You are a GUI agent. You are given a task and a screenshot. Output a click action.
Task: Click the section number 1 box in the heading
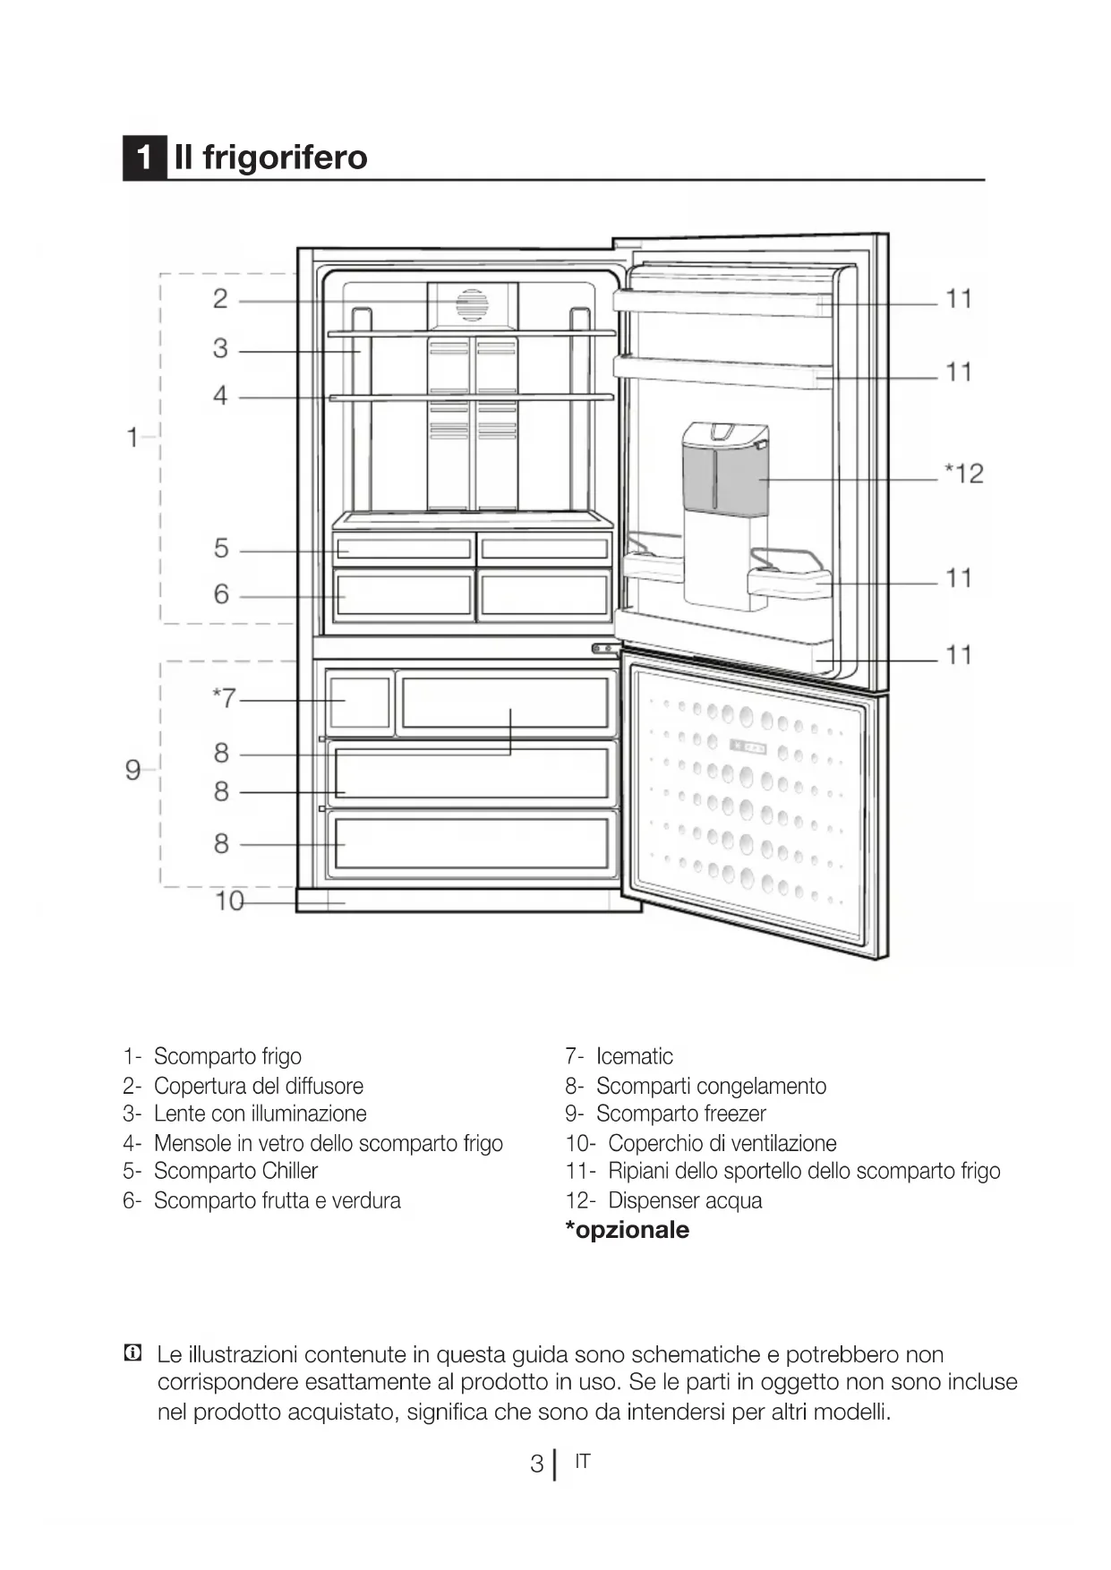pyautogui.click(x=144, y=158)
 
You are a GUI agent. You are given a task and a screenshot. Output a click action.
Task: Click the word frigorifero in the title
pyautogui.click(x=285, y=158)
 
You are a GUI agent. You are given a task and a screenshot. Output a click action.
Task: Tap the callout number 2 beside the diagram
pyautogui.click(x=220, y=299)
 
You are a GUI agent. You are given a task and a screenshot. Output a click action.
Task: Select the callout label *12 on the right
pyautogui.click(x=964, y=474)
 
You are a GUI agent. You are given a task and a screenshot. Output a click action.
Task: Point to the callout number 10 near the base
pyautogui.click(x=230, y=900)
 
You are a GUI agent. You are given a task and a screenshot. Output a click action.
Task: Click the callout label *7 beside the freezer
pyautogui.click(x=224, y=697)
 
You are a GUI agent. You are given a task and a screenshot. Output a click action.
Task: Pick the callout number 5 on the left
pyautogui.click(x=221, y=548)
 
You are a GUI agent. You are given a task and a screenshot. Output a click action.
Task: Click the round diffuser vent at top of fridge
pyautogui.click(x=472, y=305)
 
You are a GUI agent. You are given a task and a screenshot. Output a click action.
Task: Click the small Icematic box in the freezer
pyautogui.click(x=360, y=701)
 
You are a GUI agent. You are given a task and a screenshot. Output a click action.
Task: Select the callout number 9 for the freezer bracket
pyautogui.click(x=133, y=770)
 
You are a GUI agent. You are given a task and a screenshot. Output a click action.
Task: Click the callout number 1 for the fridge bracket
pyautogui.click(x=132, y=438)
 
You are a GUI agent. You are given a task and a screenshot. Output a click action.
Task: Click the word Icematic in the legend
pyautogui.click(x=634, y=1056)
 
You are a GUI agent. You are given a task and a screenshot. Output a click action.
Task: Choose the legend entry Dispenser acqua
pyautogui.click(x=685, y=1200)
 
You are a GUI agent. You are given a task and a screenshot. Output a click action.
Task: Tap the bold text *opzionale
pyautogui.click(x=627, y=1230)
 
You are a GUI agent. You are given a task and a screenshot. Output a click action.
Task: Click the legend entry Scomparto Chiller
pyautogui.click(x=235, y=1171)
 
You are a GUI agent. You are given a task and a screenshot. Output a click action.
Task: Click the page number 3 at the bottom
pyautogui.click(x=536, y=1463)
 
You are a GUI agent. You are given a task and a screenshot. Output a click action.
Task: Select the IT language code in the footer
pyautogui.click(x=583, y=1462)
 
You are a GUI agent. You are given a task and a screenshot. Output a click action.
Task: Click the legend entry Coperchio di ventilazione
pyautogui.click(x=722, y=1143)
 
